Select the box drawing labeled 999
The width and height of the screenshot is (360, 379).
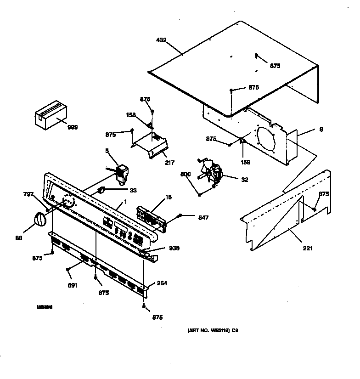point(51,115)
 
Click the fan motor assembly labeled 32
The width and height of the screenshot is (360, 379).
point(212,174)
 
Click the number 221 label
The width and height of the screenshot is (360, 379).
point(307,249)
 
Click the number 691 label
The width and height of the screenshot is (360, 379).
point(72,285)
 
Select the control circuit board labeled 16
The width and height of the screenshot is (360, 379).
point(152,216)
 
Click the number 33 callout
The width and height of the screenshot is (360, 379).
point(132,190)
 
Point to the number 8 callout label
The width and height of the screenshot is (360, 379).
point(321,130)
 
